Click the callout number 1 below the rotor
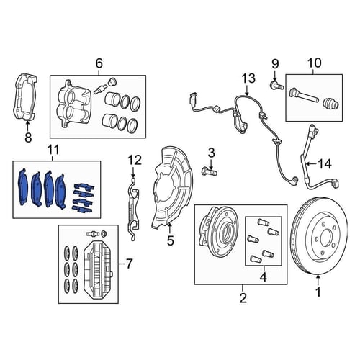click(x=318, y=292)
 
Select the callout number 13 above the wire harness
click(x=248, y=78)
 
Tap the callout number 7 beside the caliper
click(x=129, y=264)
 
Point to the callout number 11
click(x=53, y=150)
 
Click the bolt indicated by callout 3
click(x=209, y=171)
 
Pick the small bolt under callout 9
click(x=276, y=85)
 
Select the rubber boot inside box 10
click(x=330, y=104)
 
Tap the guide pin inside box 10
click(x=303, y=96)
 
